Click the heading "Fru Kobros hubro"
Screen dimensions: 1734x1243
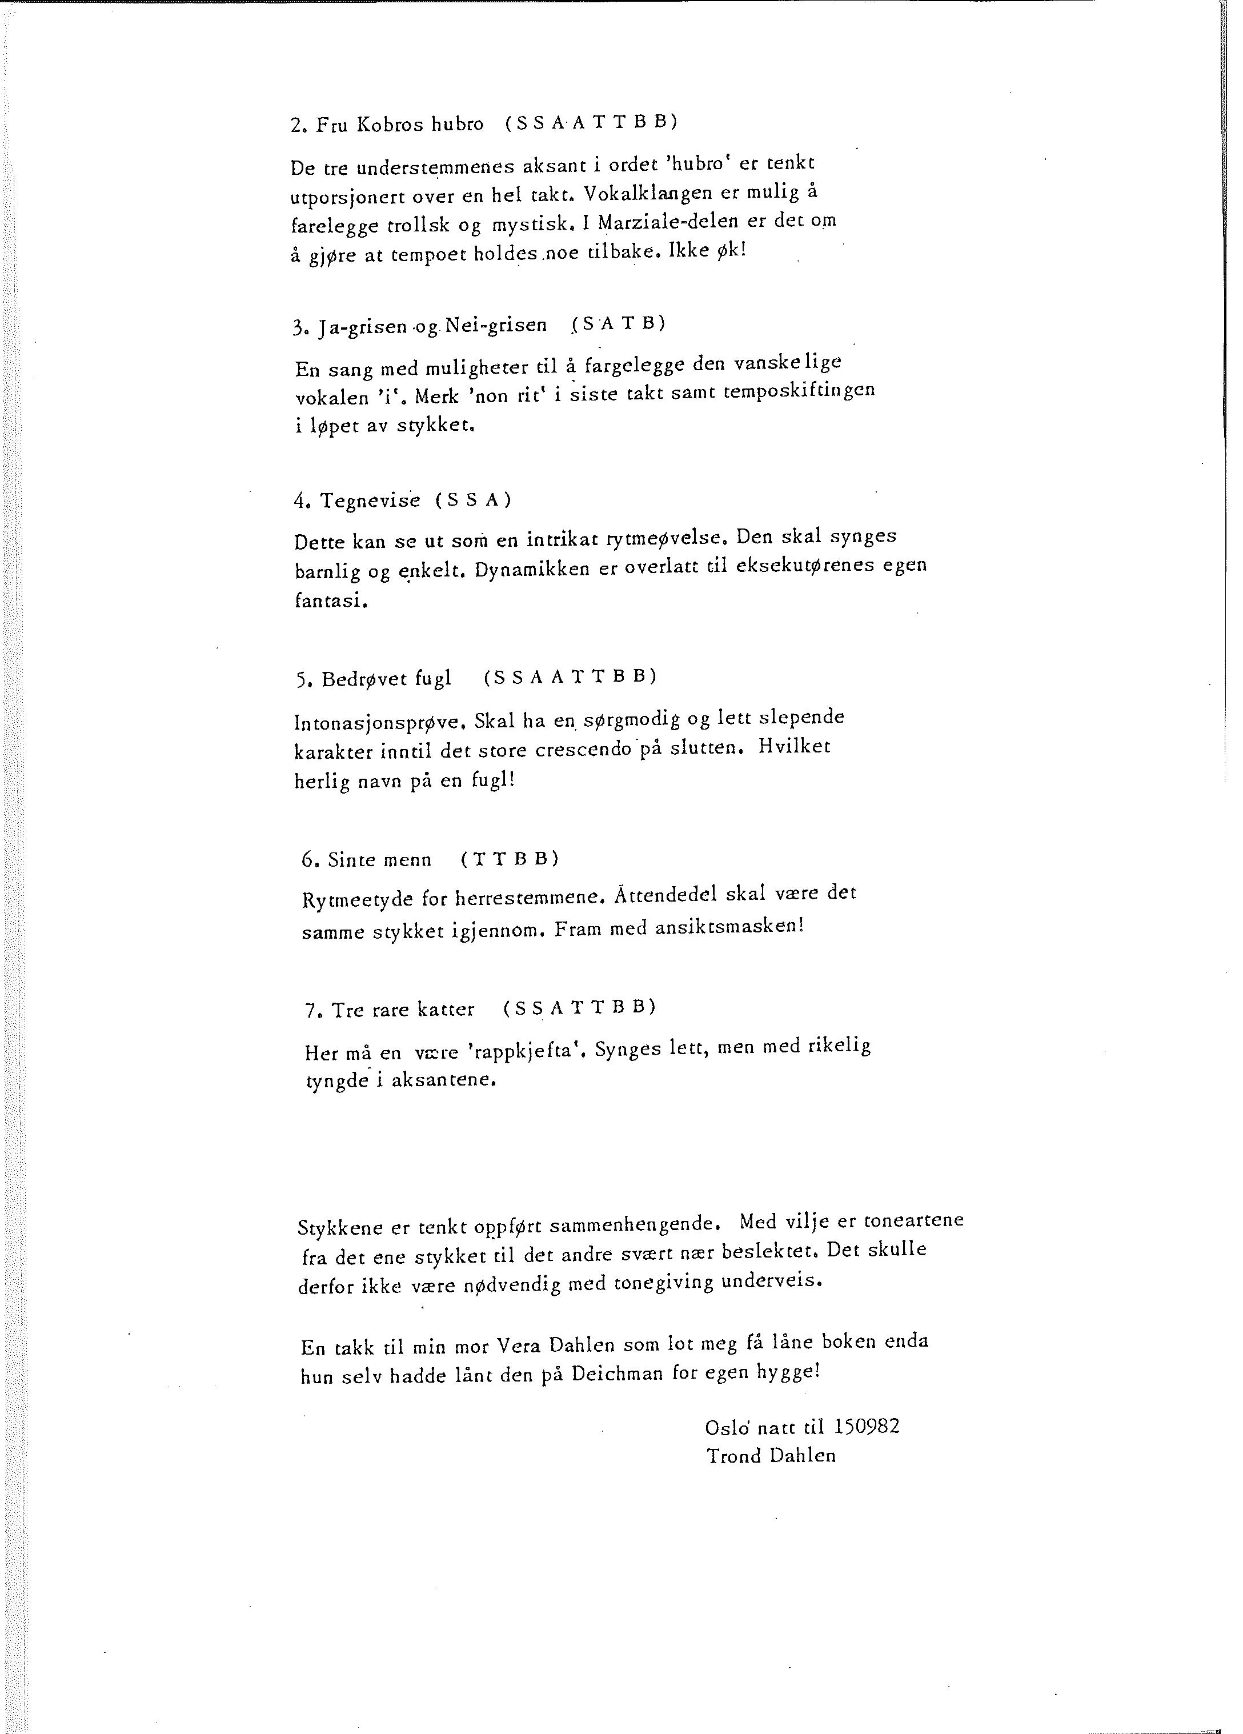point(399,125)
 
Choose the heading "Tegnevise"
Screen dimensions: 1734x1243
point(370,501)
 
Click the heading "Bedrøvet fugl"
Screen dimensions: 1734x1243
point(386,678)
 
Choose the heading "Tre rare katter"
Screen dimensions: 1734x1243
point(403,1010)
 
